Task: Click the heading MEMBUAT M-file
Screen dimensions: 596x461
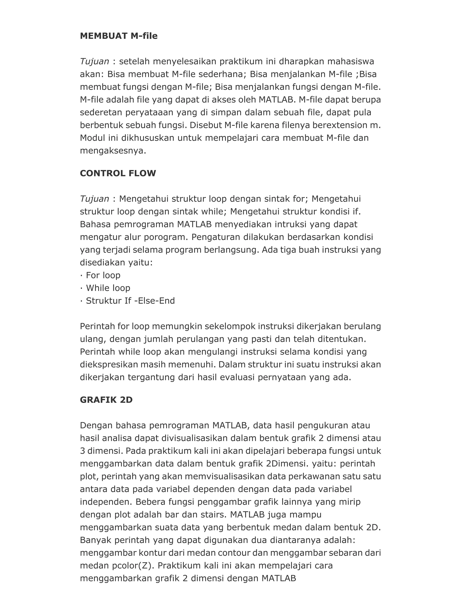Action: pyautogui.click(x=119, y=36)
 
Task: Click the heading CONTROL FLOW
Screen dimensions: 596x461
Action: pyautogui.click(x=118, y=173)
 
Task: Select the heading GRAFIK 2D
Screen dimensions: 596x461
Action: pyautogui.click(x=106, y=400)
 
